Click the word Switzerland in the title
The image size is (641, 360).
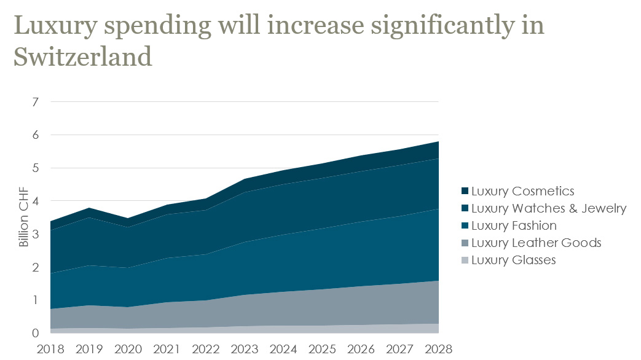point(82,57)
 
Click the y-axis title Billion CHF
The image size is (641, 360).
point(24,217)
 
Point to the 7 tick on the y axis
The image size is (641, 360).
point(35,102)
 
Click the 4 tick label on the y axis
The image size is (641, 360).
point(35,201)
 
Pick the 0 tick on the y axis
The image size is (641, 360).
point(35,334)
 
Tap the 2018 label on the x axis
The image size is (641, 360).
point(50,349)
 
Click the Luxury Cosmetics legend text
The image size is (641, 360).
point(522,191)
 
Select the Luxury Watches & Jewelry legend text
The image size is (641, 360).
point(549,208)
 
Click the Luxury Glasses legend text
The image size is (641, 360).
point(513,260)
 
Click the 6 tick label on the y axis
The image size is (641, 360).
point(35,135)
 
